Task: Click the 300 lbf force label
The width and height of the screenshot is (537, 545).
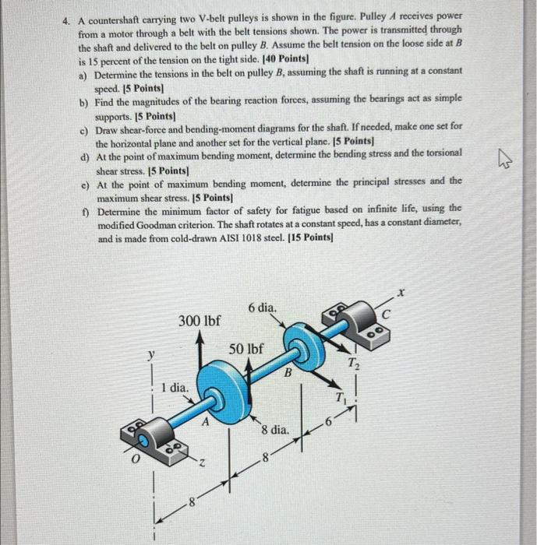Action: (200, 321)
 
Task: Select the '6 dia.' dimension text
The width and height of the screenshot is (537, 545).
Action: (262, 308)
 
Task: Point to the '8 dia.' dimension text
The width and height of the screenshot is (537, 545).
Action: (276, 429)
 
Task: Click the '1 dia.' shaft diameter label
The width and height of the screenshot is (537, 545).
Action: (174, 386)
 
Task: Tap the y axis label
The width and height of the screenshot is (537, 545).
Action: (151, 355)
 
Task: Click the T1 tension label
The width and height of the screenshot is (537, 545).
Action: (339, 397)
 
